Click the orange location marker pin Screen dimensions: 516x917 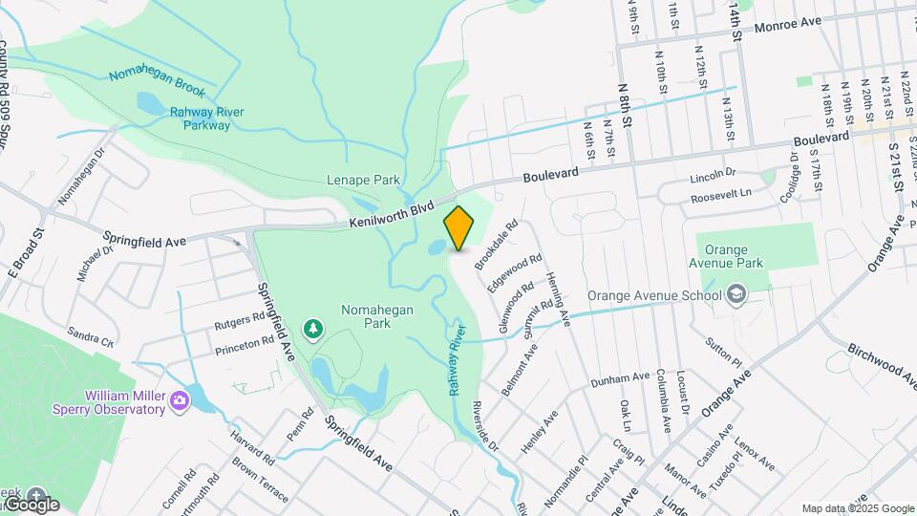coord(459,228)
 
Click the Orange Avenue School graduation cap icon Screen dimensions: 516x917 coord(736,295)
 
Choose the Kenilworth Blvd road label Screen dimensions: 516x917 coord(391,214)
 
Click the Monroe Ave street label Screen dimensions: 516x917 coord(788,24)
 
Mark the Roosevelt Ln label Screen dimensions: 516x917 coord(721,195)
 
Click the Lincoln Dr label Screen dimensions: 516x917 coord(713,176)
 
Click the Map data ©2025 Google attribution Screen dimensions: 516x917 coord(858,508)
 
